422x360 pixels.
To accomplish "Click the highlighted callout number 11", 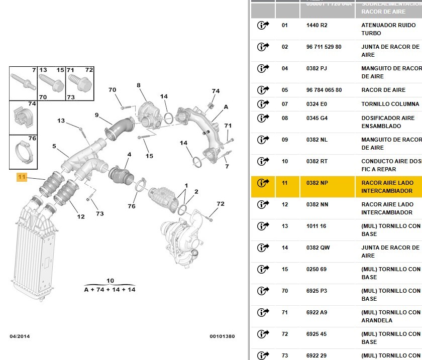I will click(x=22, y=177).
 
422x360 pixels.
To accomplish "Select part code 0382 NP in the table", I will click(x=317, y=183).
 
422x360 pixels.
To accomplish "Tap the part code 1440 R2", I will click(x=316, y=25).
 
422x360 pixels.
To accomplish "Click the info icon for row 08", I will click(x=263, y=118).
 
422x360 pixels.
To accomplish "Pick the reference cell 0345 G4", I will click(x=317, y=118).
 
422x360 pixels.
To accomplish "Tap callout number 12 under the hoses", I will click(x=81, y=217).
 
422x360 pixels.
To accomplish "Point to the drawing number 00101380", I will click(x=222, y=336).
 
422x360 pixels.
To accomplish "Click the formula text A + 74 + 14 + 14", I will click(x=110, y=290).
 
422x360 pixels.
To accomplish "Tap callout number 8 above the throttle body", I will click(x=139, y=85).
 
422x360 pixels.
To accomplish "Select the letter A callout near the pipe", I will click(x=226, y=107).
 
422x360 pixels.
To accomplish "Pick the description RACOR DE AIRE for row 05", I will click(x=383, y=90).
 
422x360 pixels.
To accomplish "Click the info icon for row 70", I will click(x=263, y=291).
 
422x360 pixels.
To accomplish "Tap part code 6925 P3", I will click(x=317, y=291).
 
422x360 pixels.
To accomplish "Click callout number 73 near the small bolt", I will click(x=100, y=214).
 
